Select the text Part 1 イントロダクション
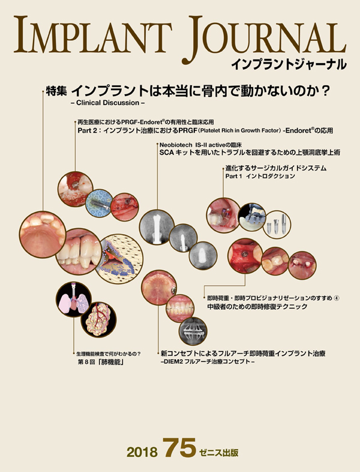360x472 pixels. tap(260, 178)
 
